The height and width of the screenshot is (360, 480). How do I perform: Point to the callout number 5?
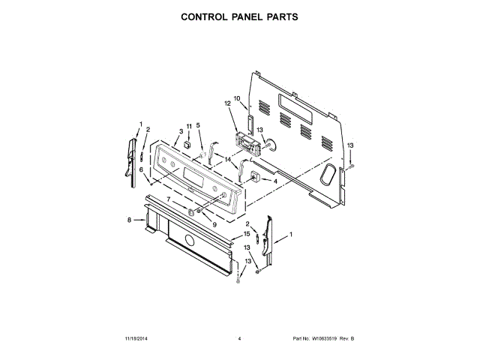(x=198, y=125)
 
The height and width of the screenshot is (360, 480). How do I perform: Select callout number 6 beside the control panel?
(x=141, y=170)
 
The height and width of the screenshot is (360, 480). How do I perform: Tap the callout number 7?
(x=169, y=200)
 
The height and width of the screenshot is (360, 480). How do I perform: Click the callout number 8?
(x=129, y=220)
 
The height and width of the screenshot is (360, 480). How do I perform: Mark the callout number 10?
(x=236, y=98)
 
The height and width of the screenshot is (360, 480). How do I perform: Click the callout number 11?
(x=189, y=125)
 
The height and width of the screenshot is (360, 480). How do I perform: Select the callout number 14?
(x=228, y=159)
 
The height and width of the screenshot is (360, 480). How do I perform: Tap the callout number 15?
(x=246, y=234)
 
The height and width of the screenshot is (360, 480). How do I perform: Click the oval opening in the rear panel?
(x=328, y=174)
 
